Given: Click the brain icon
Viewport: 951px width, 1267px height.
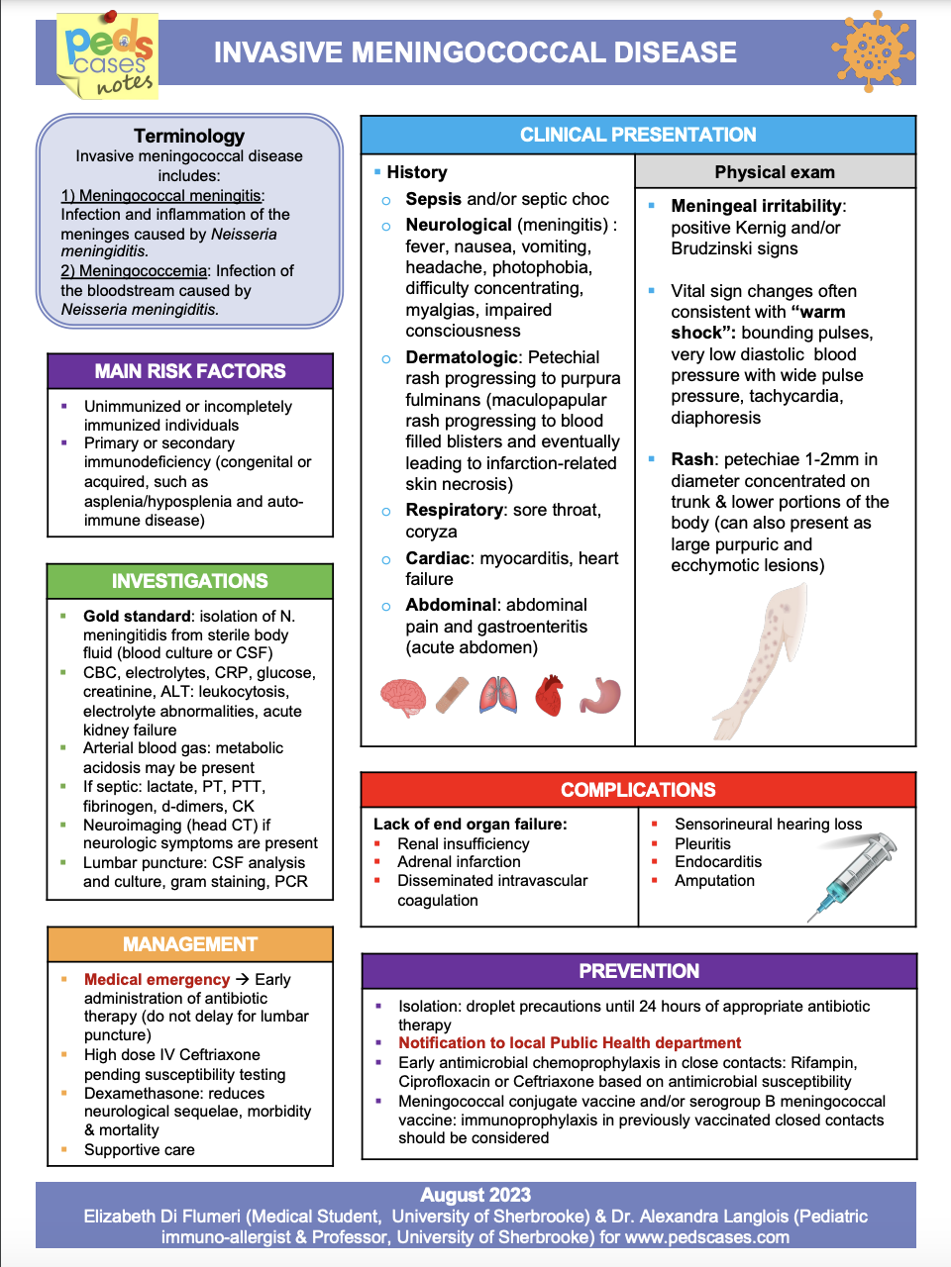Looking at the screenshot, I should click(402, 696).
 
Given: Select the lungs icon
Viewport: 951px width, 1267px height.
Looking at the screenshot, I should click(498, 695).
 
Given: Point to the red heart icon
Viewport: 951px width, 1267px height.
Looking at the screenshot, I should click(549, 696).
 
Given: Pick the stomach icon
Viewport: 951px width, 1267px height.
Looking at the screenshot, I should click(600, 695).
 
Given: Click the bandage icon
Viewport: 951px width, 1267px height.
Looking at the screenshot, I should click(452, 696).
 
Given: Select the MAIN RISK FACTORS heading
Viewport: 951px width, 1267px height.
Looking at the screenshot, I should click(190, 371).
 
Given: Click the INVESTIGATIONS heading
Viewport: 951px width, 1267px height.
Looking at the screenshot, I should click(190, 581).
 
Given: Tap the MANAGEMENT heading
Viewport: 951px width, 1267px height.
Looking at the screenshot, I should click(190, 944).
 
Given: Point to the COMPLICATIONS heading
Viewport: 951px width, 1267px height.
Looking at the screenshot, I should click(638, 790).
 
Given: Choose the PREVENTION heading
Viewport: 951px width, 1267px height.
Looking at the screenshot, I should click(639, 971).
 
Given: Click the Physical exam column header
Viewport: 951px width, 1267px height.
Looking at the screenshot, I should click(775, 172).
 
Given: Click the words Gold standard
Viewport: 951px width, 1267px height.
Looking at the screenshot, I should click(137, 616).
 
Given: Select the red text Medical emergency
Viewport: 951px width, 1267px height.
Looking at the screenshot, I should click(157, 979).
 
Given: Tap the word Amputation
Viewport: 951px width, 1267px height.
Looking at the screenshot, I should click(714, 880).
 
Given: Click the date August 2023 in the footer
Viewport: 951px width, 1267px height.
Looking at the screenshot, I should click(475, 1195).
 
